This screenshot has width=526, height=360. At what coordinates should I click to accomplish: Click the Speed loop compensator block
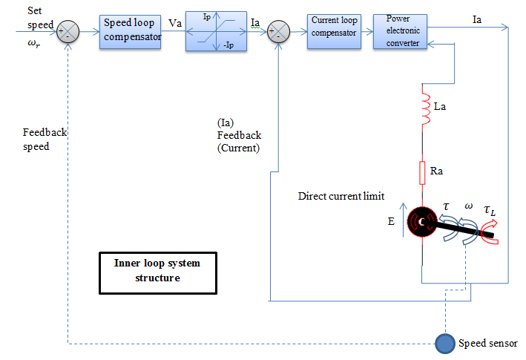[130, 32]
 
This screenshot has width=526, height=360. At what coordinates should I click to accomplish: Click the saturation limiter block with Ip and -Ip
[215, 32]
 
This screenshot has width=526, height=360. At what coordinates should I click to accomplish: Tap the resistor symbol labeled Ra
[422, 174]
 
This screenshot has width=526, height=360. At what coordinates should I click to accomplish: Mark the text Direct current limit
[341, 197]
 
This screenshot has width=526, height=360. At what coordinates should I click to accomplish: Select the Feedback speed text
[45, 140]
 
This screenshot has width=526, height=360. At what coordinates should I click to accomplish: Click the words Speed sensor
[487, 343]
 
